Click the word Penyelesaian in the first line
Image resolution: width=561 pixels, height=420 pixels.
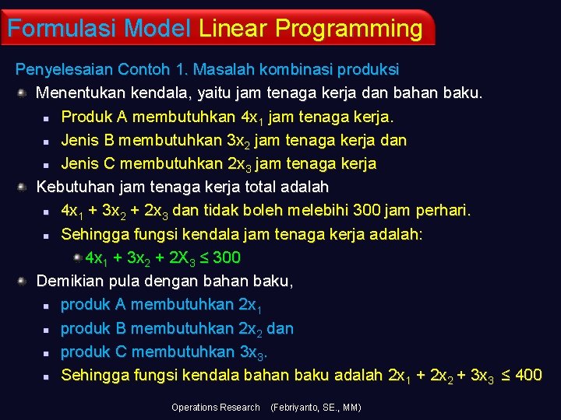tap(64, 70)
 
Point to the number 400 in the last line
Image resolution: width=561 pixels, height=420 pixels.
tap(528, 376)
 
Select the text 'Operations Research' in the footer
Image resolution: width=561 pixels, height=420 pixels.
tap(216, 408)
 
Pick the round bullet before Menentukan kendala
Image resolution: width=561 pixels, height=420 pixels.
tap(23, 93)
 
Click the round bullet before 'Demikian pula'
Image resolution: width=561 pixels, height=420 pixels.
tap(23, 281)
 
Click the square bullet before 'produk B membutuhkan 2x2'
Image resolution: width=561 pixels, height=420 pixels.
tap(47, 330)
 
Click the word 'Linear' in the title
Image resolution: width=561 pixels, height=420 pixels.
tap(232, 29)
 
